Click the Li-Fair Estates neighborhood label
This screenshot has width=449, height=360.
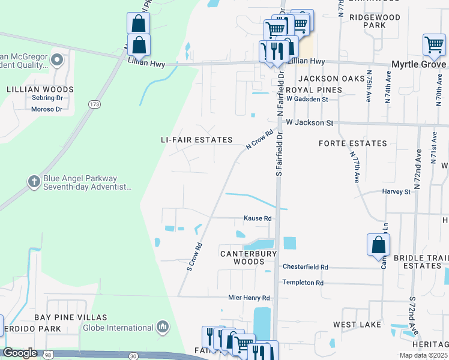[x=196, y=140]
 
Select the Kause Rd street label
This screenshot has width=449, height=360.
[x=258, y=218]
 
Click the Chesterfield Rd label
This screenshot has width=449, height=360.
[x=306, y=267]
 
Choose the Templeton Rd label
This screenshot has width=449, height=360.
[x=303, y=283]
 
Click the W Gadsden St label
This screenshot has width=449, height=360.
[x=307, y=99]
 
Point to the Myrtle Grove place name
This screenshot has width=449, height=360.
[x=418, y=64]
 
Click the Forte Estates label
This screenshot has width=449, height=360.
[x=352, y=143]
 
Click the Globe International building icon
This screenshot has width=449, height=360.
[x=163, y=327]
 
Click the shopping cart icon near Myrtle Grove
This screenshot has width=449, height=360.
[x=434, y=44]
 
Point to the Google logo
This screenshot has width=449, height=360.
[x=20, y=353]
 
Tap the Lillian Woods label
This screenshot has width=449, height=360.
[x=40, y=89]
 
